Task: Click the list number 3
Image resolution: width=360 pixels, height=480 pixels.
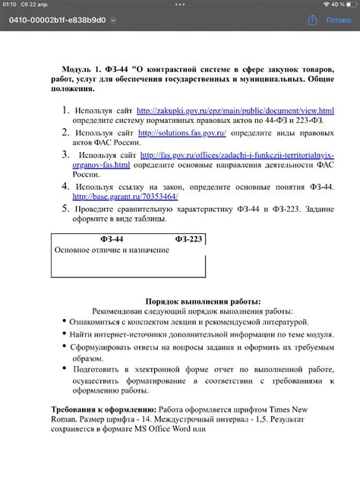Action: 65,154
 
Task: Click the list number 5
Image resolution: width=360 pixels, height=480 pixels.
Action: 65,208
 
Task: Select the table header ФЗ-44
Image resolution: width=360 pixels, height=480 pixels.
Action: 113,239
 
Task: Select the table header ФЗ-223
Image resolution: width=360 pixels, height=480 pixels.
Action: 188,239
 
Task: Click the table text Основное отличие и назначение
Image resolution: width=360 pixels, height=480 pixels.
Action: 111,250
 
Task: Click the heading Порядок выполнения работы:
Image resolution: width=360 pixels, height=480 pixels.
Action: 203,301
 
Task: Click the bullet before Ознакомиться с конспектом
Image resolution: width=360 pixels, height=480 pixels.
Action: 63,322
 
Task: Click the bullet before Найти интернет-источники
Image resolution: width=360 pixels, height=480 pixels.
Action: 63,334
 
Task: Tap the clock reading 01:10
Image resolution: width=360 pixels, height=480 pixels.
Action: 11,5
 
